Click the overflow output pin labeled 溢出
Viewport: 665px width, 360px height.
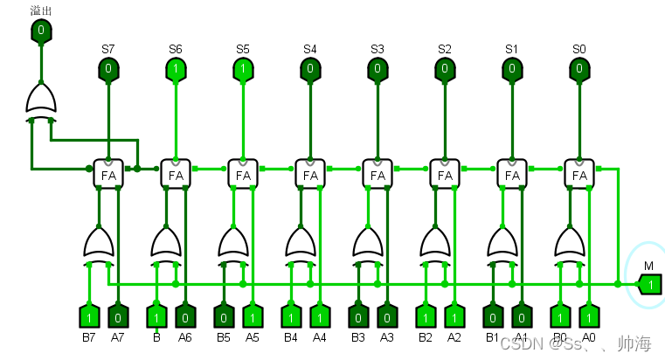point(41,32)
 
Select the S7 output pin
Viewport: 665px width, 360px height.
point(108,68)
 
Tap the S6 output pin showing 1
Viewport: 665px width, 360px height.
point(176,68)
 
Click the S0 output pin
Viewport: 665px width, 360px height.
point(579,68)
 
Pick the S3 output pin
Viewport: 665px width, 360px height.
point(378,68)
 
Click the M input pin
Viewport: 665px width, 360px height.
point(649,284)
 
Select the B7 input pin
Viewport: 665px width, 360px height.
point(88,315)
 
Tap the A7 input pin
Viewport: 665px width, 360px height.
point(118,315)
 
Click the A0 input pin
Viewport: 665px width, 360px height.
point(589,315)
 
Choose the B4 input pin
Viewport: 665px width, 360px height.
point(290,315)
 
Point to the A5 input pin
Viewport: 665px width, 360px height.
point(253,315)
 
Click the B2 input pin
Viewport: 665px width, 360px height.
point(425,315)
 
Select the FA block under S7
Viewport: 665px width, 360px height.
point(108,174)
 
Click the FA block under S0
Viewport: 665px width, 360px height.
point(579,174)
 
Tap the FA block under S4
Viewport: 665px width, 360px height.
point(310,174)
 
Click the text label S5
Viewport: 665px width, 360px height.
point(242,49)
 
